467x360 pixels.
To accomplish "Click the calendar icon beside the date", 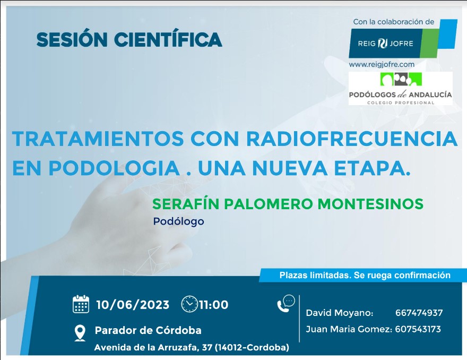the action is tap(81, 304).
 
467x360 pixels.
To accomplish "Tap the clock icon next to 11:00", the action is tap(189, 304).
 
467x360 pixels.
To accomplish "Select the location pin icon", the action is tap(80, 333).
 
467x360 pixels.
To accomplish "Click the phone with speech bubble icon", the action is tap(286, 303).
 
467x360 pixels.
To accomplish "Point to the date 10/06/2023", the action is tap(133, 305).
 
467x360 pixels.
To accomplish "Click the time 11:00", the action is tap(213, 305).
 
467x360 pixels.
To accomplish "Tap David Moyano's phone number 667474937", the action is tap(419, 313).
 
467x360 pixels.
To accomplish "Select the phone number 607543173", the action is tap(418, 329).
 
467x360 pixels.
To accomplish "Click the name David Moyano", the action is tap(340, 313).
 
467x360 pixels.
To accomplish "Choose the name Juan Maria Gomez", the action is tap(349, 329).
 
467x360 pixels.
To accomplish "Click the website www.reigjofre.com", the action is tap(382, 65).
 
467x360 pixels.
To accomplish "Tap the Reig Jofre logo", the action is tap(403, 39).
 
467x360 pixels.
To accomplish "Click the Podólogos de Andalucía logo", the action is tap(401, 88).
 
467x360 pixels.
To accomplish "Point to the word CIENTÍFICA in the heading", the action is tap(168, 39).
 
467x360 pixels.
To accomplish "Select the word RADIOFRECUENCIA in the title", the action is tap(352, 139).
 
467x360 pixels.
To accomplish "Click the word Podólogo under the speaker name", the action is tap(179, 221).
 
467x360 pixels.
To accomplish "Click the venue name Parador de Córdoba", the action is tap(148, 330).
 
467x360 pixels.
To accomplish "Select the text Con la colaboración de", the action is tap(394, 22).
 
